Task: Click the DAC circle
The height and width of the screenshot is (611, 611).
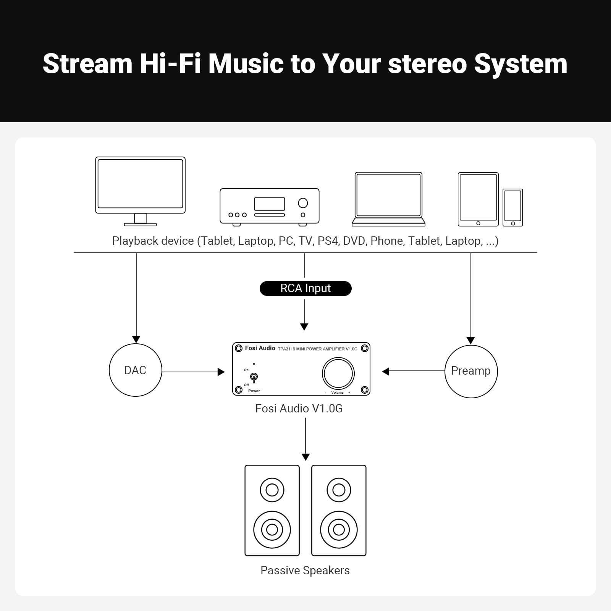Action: pos(135,370)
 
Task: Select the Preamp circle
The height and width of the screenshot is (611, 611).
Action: pos(471,371)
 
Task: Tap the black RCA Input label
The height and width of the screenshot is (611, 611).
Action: pos(305,288)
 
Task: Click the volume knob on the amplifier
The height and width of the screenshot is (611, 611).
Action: pos(338,373)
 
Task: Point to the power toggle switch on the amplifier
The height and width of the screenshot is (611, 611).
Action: pos(254,377)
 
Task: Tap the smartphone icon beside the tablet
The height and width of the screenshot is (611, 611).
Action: pos(512,207)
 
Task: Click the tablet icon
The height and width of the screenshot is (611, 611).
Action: pos(478,199)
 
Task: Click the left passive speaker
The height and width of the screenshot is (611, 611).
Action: pos(272,510)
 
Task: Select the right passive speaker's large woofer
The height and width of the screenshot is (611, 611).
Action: pos(339,530)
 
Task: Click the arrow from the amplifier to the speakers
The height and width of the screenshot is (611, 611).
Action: pos(305,439)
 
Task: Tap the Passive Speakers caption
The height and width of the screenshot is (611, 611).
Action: pos(305,570)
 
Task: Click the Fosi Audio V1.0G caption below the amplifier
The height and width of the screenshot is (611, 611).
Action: pos(299,409)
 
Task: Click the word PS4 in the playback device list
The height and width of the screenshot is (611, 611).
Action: pos(327,241)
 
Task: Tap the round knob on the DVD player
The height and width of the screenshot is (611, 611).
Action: pos(303,203)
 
